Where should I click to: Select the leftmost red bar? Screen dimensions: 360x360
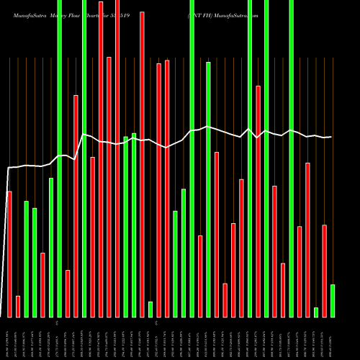9,253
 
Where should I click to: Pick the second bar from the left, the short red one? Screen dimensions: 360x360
18,306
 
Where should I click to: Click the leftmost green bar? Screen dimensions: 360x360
27,258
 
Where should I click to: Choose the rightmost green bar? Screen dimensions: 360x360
333,300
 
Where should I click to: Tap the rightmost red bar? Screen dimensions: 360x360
325,271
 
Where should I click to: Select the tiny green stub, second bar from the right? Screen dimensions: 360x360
316,312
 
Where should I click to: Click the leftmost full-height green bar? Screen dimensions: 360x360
60,158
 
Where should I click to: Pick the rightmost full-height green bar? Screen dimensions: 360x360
292,158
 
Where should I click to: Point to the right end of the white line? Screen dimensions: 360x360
331,137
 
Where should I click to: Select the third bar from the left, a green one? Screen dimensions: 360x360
27,258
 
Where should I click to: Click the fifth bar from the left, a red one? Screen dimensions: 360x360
43,284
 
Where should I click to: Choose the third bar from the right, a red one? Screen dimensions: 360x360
308,240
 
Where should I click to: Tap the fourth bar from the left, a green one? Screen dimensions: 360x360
35,262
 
